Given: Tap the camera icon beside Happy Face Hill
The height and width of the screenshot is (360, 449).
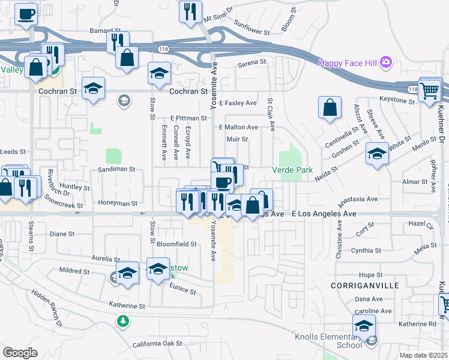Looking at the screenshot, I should pyautogui.click(x=385, y=62).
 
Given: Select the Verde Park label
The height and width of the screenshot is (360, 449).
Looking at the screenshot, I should pyautogui.click(x=297, y=170).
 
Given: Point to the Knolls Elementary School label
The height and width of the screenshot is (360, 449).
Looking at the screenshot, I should pyautogui.click(x=328, y=341).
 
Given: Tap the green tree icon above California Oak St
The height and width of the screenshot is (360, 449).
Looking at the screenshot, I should pyautogui.click(x=123, y=322).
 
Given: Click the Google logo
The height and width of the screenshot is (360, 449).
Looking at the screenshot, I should pyautogui.click(x=20, y=353).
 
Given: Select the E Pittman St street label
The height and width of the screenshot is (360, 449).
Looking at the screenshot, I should pyautogui.click(x=188, y=118).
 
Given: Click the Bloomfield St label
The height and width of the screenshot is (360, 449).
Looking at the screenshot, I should pyautogui.click(x=176, y=244).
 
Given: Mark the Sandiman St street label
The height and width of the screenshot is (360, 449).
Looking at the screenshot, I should pyautogui.click(x=116, y=170).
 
